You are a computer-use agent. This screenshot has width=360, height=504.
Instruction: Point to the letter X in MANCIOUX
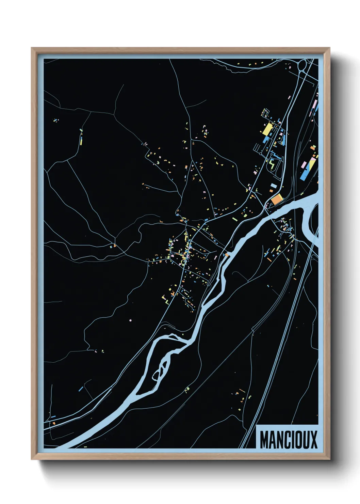click(x=313, y=440)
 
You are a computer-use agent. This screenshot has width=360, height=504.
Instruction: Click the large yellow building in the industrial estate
click(x=267, y=129)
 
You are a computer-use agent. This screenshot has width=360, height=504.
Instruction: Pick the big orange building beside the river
click(x=277, y=199)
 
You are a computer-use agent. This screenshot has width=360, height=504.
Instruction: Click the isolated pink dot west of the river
click(x=130, y=320)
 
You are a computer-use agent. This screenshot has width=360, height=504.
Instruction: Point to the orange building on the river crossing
click(x=226, y=254)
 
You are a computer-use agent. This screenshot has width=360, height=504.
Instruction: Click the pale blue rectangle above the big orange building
click(x=273, y=186)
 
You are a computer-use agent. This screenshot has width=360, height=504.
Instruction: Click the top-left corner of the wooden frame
click(x=32, y=48)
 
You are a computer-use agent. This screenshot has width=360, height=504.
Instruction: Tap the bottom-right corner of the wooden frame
click(x=329, y=459)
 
